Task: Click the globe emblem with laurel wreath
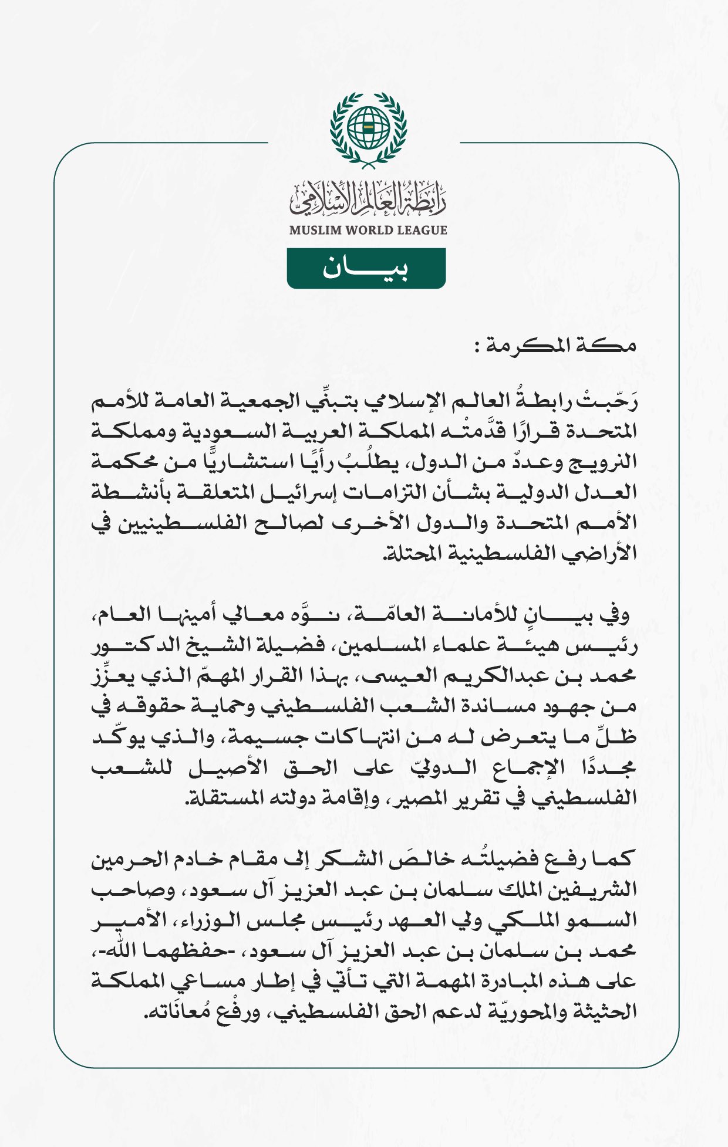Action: point(368,128)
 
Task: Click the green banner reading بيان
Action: point(366,268)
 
